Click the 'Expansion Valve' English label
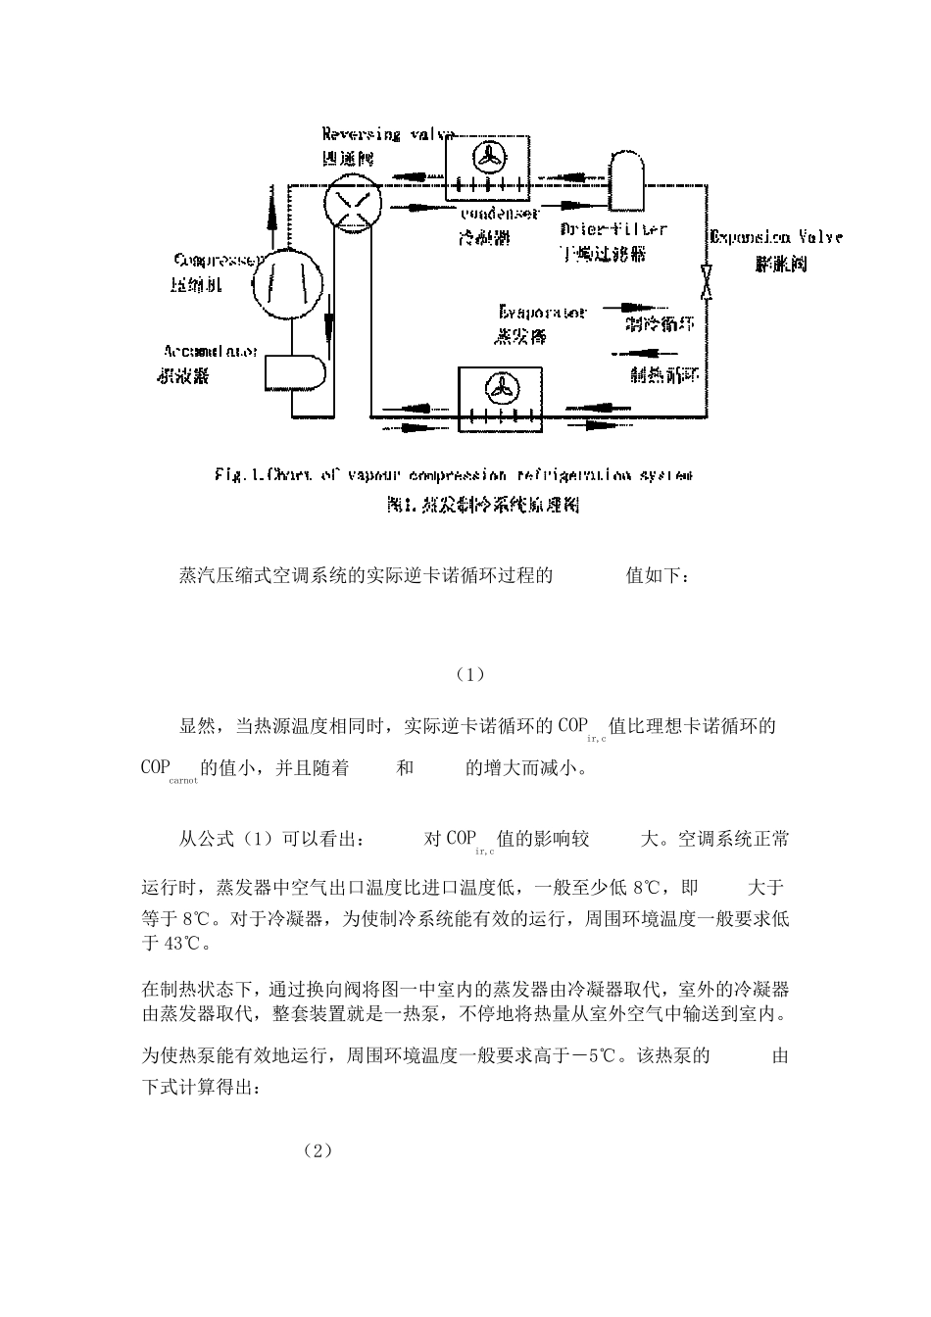(775, 236)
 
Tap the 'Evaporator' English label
(542, 313)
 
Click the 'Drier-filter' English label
(613, 229)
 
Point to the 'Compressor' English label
(219, 261)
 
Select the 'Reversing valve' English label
(389, 135)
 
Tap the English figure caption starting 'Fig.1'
(453, 475)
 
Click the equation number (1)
(470, 675)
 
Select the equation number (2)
(318, 1149)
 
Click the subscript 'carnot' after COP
(183, 781)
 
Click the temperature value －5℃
(586, 1056)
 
